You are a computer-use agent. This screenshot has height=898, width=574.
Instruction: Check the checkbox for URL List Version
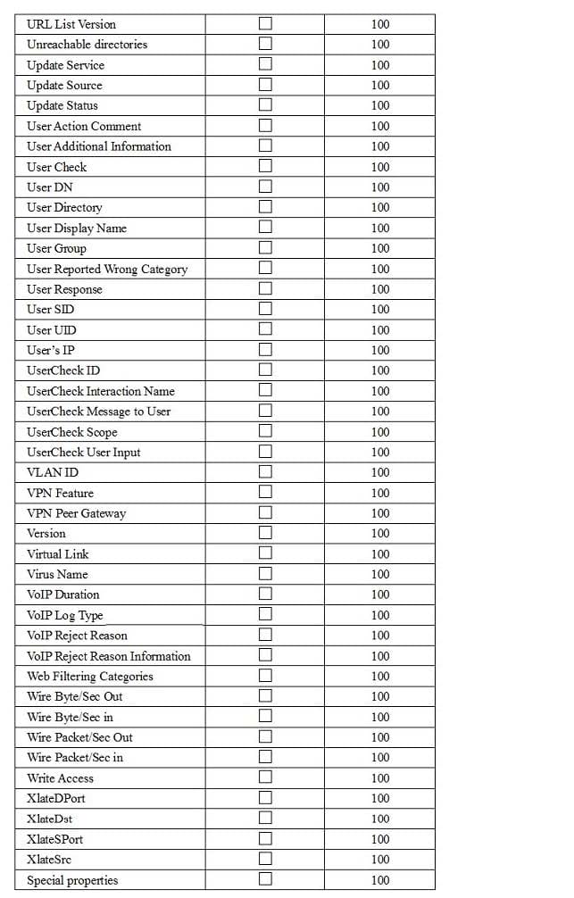265,23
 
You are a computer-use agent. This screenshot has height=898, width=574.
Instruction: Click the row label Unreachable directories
87,44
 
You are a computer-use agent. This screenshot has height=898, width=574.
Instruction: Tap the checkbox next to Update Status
265,105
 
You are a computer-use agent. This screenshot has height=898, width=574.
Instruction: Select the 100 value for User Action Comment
380,126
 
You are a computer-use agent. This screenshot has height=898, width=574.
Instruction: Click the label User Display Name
77,228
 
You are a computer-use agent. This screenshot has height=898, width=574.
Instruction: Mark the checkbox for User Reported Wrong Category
265,269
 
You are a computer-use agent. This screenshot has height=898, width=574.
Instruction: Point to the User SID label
51,309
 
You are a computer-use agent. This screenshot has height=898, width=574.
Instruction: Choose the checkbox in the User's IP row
265,350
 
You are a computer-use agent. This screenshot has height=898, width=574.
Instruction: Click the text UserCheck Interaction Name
101,391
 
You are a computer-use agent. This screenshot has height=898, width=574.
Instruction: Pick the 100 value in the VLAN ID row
380,472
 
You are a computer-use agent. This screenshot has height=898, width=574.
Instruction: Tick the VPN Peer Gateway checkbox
265,513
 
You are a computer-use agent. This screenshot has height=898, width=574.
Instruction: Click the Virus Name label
57,574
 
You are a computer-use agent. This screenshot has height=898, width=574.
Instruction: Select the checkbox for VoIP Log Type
265,615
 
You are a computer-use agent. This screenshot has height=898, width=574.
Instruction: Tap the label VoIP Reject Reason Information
109,656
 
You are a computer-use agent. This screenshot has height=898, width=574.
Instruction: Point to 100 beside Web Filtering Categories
380,677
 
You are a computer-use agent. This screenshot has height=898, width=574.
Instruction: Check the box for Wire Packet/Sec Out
265,737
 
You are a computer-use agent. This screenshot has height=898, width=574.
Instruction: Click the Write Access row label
60,778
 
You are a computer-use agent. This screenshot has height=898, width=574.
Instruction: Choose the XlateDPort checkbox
265,798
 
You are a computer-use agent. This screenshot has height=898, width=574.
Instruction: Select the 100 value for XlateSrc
380,860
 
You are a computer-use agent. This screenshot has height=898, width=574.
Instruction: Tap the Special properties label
72,880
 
